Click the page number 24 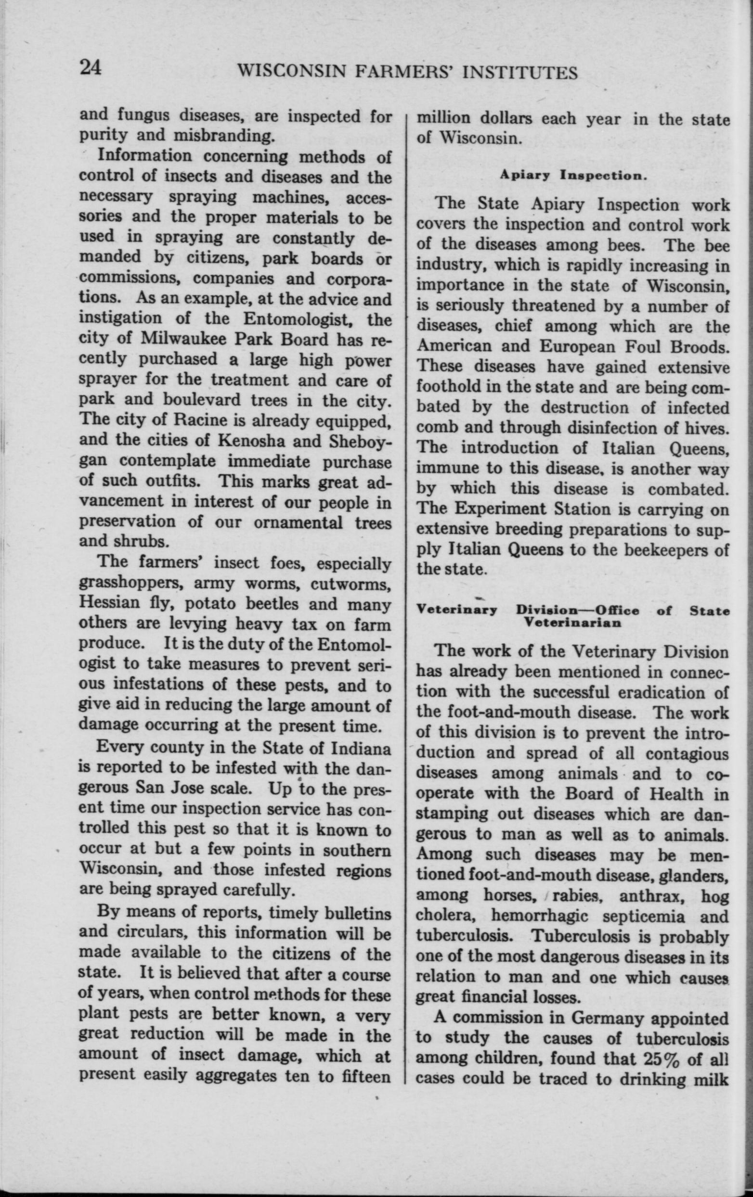[91, 68]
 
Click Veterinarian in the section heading [572, 623]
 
